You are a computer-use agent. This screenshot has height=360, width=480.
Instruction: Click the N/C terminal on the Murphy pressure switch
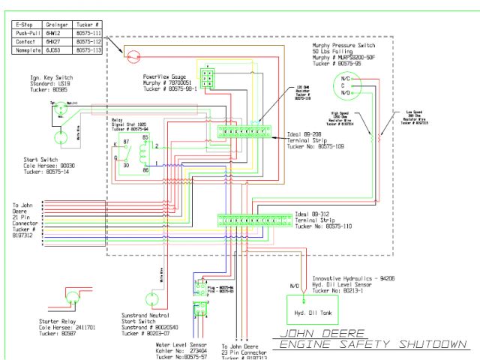(346, 78)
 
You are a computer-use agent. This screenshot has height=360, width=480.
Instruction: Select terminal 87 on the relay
(127, 140)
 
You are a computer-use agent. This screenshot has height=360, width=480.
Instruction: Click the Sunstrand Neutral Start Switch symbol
(156, 298)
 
